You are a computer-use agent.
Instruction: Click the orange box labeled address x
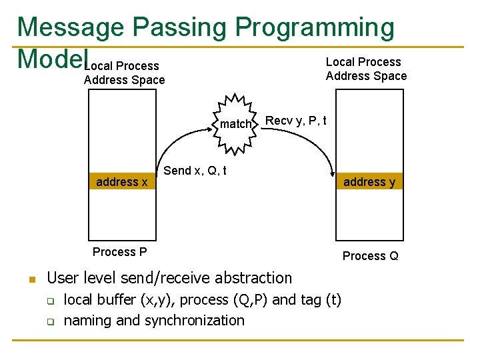click(122, 182)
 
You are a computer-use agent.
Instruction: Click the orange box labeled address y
click(369, 182)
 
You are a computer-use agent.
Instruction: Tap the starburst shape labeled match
click(236, 123)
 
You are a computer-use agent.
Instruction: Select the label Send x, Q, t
click(195, 171)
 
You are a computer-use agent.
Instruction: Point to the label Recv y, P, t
click(296, 121)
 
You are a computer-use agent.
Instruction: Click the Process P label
click(120, 252)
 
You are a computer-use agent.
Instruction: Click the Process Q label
click(370, 256)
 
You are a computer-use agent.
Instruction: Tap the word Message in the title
click(71, 27)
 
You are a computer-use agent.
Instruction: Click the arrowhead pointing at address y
click(331, 171)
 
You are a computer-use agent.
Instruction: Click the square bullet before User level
click(31, 279)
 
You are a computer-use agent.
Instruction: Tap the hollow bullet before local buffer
click(49, 301)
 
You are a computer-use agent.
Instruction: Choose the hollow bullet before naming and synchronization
click(49, 321)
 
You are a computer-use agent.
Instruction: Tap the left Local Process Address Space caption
click(124, 73)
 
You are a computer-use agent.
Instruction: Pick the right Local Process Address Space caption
click(366, 69)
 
